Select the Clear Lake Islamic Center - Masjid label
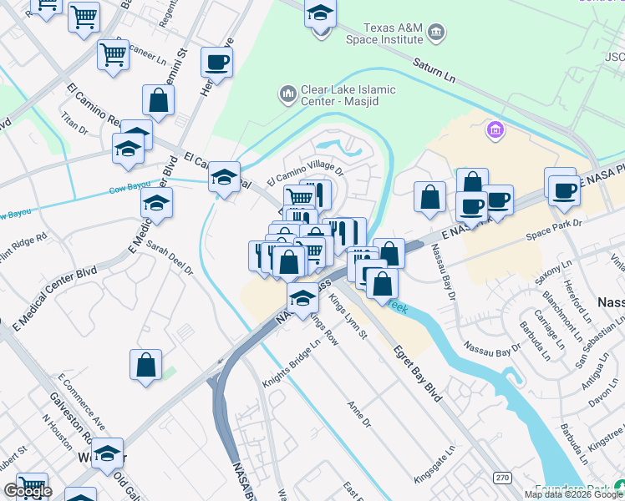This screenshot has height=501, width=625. [x=348, y=95]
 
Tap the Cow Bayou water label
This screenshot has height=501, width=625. [x=130, y=190]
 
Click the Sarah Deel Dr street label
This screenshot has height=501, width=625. [x=170, y=259]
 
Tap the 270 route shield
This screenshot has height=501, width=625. [x=501, y=478]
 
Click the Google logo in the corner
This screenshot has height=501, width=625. [x=28, y=491]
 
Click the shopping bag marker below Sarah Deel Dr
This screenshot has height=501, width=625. [x=145, y=365]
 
